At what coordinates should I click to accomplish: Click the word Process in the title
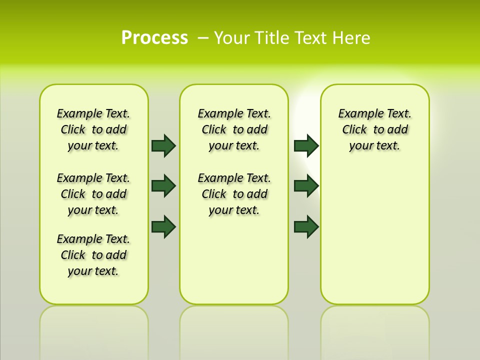pos(154,38)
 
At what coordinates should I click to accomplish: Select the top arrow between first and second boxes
pos(163,145)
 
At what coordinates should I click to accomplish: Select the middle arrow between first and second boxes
pos(163,186)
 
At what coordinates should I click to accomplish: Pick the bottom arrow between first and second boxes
pos(163,226)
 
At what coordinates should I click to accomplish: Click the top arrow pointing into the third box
pos(306,145)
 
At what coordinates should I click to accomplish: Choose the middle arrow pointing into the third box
pos(306,186)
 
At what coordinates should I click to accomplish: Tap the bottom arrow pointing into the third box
pos(306,226)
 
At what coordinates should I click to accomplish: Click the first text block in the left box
pos(93,129)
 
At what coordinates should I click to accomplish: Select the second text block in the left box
pos(93,194)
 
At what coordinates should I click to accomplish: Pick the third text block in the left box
pos(93,255)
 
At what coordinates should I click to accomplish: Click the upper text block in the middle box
pos(234,129)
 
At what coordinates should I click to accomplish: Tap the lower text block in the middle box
pos(234,194)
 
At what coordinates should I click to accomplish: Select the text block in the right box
pos(375,129)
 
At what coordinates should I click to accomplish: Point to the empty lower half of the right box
pos(375,240)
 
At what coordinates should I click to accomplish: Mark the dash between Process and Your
pos(202,38)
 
